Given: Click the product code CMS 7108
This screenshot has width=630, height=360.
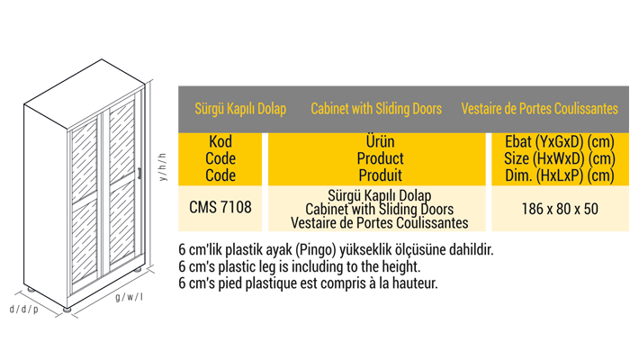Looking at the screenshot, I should click(x=220, y=208).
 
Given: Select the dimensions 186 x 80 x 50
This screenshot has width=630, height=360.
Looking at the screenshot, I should click(x=560, y=208).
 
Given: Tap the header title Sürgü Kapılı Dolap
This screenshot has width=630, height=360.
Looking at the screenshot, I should click(x=240, y=109).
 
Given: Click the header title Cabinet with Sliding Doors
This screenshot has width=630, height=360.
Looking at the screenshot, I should click(x=376, y=109).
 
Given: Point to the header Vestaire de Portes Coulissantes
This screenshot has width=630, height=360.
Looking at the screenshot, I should click(x=539, y=109).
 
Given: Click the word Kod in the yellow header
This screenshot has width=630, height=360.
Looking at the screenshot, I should click(x=220, y=142).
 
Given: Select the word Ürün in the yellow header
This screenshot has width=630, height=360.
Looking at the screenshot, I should click(x=380, y=142).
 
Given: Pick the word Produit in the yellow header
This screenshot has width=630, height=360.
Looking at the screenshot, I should click(x=380, y=175).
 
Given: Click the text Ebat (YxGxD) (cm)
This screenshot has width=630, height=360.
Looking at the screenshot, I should click(x=560, y=142).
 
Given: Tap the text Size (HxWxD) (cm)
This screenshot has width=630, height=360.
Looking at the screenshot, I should click(x=560, y=158).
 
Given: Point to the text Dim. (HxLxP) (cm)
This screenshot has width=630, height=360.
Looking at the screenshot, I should click(x=560, y=175).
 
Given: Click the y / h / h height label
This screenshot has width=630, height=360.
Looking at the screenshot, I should click(x=162, y=166).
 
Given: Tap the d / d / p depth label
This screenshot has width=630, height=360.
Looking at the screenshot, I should click(x=24, y=309).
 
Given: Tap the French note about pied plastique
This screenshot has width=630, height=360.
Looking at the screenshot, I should click(x=308, y=283).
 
